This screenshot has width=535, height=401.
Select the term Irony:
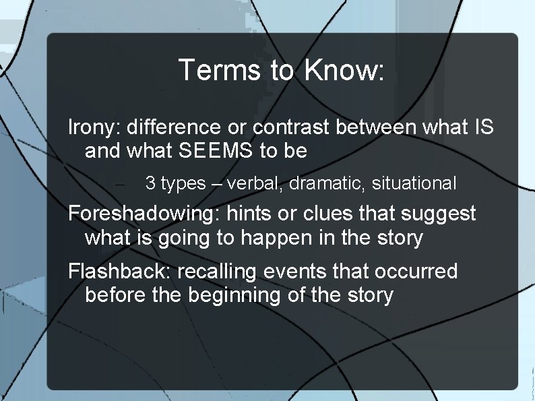coord(95,127)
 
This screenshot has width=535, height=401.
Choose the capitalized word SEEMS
coord(206,150)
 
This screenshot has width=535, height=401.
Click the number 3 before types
coord(150,183)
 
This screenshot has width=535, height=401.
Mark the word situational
coord(414,183)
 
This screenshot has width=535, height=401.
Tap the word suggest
coord(439,214)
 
